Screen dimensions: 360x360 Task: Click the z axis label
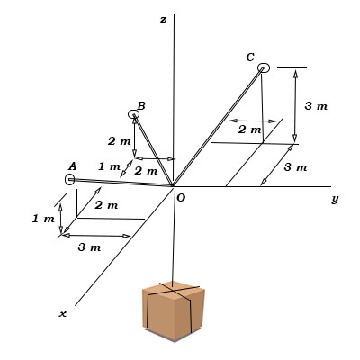click(x=163, y=20)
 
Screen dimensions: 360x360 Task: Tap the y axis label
click(x=335, y=199)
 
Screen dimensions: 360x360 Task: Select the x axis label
click(x=63, y=314)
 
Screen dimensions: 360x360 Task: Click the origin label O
click(x=181, y=198)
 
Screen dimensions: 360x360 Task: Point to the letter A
click(x=73, y=166)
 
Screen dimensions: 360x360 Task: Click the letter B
click(x=141, y=106)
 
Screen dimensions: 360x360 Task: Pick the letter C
click(x=250, y=58)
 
